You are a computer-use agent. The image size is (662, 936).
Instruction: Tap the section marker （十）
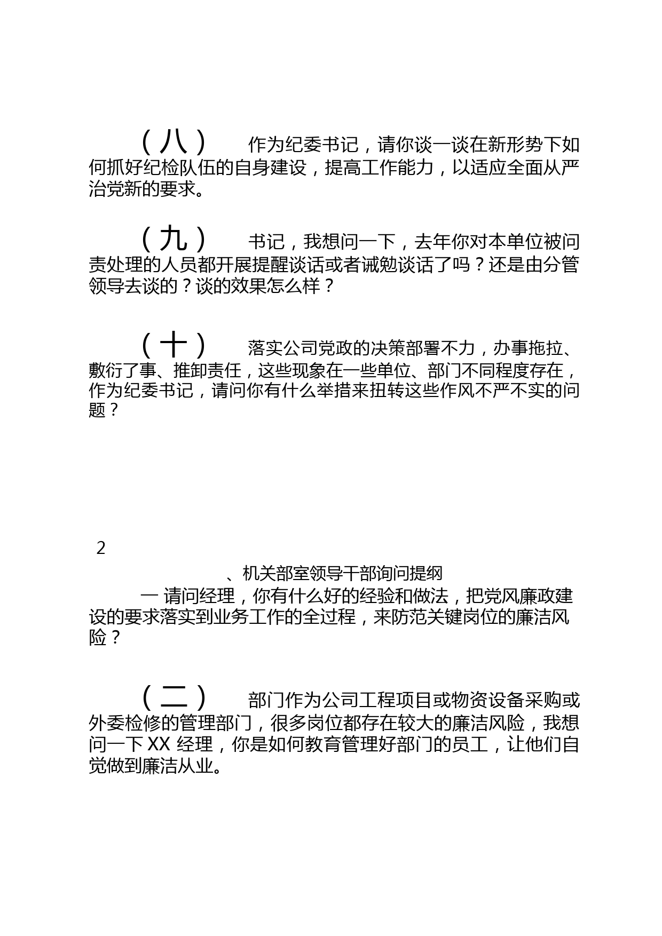click(x=174, y=345)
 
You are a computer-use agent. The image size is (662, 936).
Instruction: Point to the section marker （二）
click(x=174, y=697)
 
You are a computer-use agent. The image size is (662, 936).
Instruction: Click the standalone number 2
click(x=101, y=548)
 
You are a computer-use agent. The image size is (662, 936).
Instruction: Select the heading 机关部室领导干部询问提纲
click(x=342, y=574)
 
